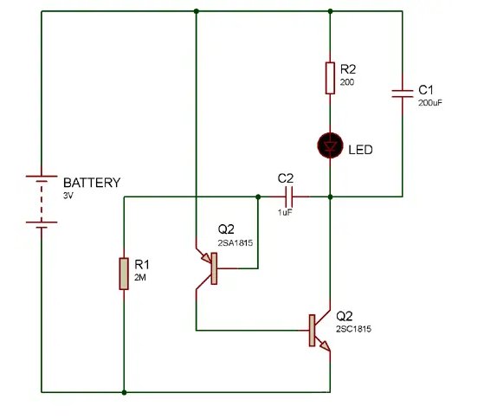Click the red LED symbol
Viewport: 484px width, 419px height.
pos(331,146)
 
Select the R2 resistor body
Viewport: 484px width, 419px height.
pos(331,77)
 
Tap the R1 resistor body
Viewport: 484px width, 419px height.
pos(125,273)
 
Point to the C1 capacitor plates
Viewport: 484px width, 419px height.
pos(403,93)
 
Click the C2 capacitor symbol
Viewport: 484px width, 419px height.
pos(287,196)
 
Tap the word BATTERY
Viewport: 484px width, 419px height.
pos(92,183)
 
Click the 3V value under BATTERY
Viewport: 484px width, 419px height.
pos(69,197)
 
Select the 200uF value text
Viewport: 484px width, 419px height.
pos(431,103)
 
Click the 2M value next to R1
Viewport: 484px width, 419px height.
pos(140,278)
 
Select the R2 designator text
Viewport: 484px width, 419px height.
pos(349,68)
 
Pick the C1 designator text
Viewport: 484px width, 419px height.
pos(426,89)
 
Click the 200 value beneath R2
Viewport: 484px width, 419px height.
pos(348,81)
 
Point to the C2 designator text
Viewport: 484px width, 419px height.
pos(286,177)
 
